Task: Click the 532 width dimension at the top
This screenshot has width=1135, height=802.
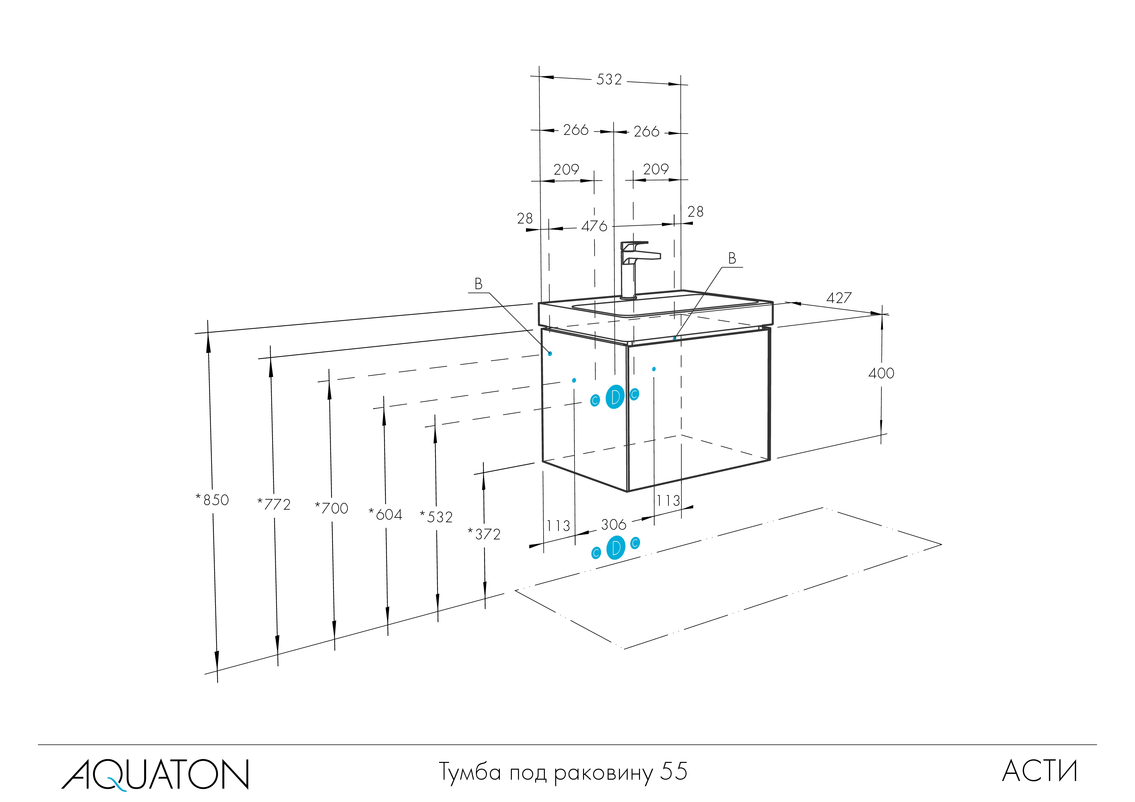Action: [609, 80]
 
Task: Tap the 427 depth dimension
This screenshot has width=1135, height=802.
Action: [839, 298]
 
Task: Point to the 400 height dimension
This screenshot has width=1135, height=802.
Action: [881, 373]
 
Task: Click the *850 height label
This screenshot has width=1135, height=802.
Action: [213, 500]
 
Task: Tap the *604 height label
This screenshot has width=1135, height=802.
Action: [386, 515]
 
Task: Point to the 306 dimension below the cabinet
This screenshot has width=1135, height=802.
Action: [613, 524]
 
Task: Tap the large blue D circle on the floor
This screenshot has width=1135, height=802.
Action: [615, 547]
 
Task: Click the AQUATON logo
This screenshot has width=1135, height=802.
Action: [155, 774]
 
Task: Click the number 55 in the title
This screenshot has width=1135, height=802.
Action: [674, 771]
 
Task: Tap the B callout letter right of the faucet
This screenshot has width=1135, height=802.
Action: [732, 258]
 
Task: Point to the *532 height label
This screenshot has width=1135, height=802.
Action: [436, 517]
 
